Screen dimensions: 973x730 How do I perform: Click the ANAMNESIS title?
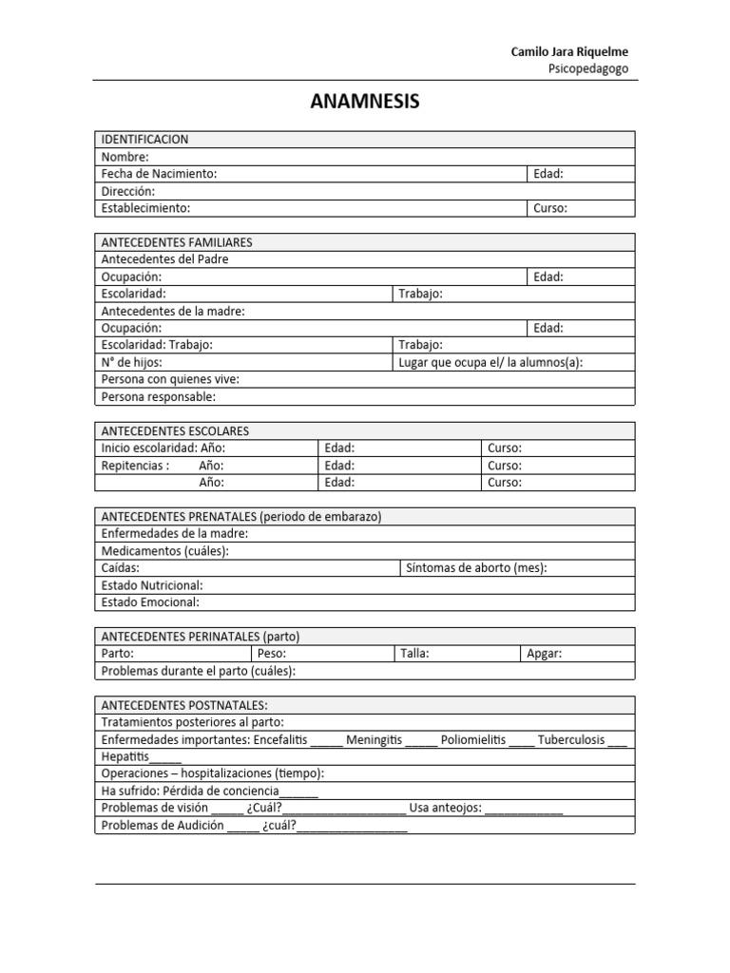(365, 102)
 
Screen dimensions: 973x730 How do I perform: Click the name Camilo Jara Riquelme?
(569, 51)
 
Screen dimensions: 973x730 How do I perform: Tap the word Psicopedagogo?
(588, 68)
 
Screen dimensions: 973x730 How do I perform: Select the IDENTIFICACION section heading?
(144, 140)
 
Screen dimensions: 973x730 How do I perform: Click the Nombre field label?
(125, 157)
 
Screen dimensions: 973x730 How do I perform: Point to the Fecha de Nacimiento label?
(159, 174)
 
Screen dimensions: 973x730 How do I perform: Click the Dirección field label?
(127, 191)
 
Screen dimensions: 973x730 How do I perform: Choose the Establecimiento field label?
(145, 208)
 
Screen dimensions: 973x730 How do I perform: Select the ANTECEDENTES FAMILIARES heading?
(176, 242)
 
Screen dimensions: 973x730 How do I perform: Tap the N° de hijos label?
(131, 362)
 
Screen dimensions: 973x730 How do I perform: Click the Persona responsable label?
(158, 396)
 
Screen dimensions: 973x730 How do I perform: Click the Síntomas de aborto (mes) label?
(476, 568)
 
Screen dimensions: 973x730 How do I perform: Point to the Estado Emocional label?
(150, 602)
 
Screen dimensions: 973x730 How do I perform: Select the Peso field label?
(272, 654)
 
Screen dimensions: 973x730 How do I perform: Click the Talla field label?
(414, 654)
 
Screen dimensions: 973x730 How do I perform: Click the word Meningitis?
(374, 739)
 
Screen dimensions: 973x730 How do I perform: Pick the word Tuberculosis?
(570, 739)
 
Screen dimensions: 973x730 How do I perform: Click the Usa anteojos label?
(446, 808)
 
